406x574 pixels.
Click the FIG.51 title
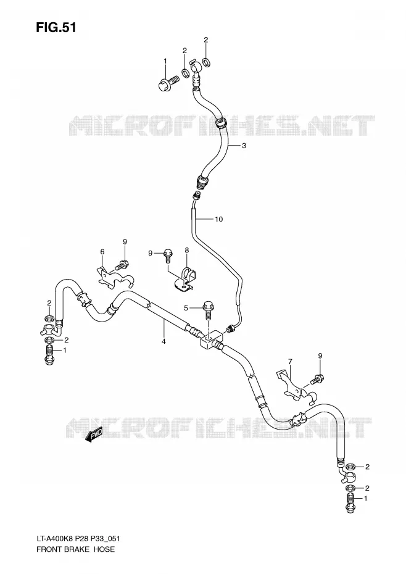tap(56, 27)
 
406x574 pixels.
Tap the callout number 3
tap(244, 146)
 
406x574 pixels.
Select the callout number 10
tap(218, 219)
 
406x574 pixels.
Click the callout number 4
tap(164, 341)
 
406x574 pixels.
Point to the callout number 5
tap(186, 308)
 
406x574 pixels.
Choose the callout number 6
tap(102, 251)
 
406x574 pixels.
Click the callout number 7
tap(290, 362)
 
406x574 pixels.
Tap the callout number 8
tap(186, 251)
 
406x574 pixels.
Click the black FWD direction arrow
tap(94, 435)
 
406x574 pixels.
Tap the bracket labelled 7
tap(295, 388)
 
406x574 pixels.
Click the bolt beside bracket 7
tap(317, 378)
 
